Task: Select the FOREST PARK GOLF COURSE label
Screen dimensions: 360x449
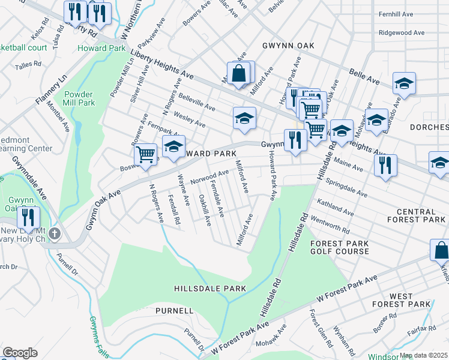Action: click(339, 247)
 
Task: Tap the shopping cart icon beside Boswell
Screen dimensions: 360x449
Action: click(145, 154)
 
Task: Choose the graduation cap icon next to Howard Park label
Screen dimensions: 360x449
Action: click(174, 148)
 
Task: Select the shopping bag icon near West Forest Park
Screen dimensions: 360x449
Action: click(440, 250)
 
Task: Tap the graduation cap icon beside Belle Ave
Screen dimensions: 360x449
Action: click(404, 84)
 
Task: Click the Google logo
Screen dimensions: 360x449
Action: click(20, 353)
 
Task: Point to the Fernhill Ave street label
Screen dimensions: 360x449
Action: click(396, 14)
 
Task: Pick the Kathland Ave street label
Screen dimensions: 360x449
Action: click(336, 208)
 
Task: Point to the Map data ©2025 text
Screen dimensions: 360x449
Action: click(424, 355)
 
